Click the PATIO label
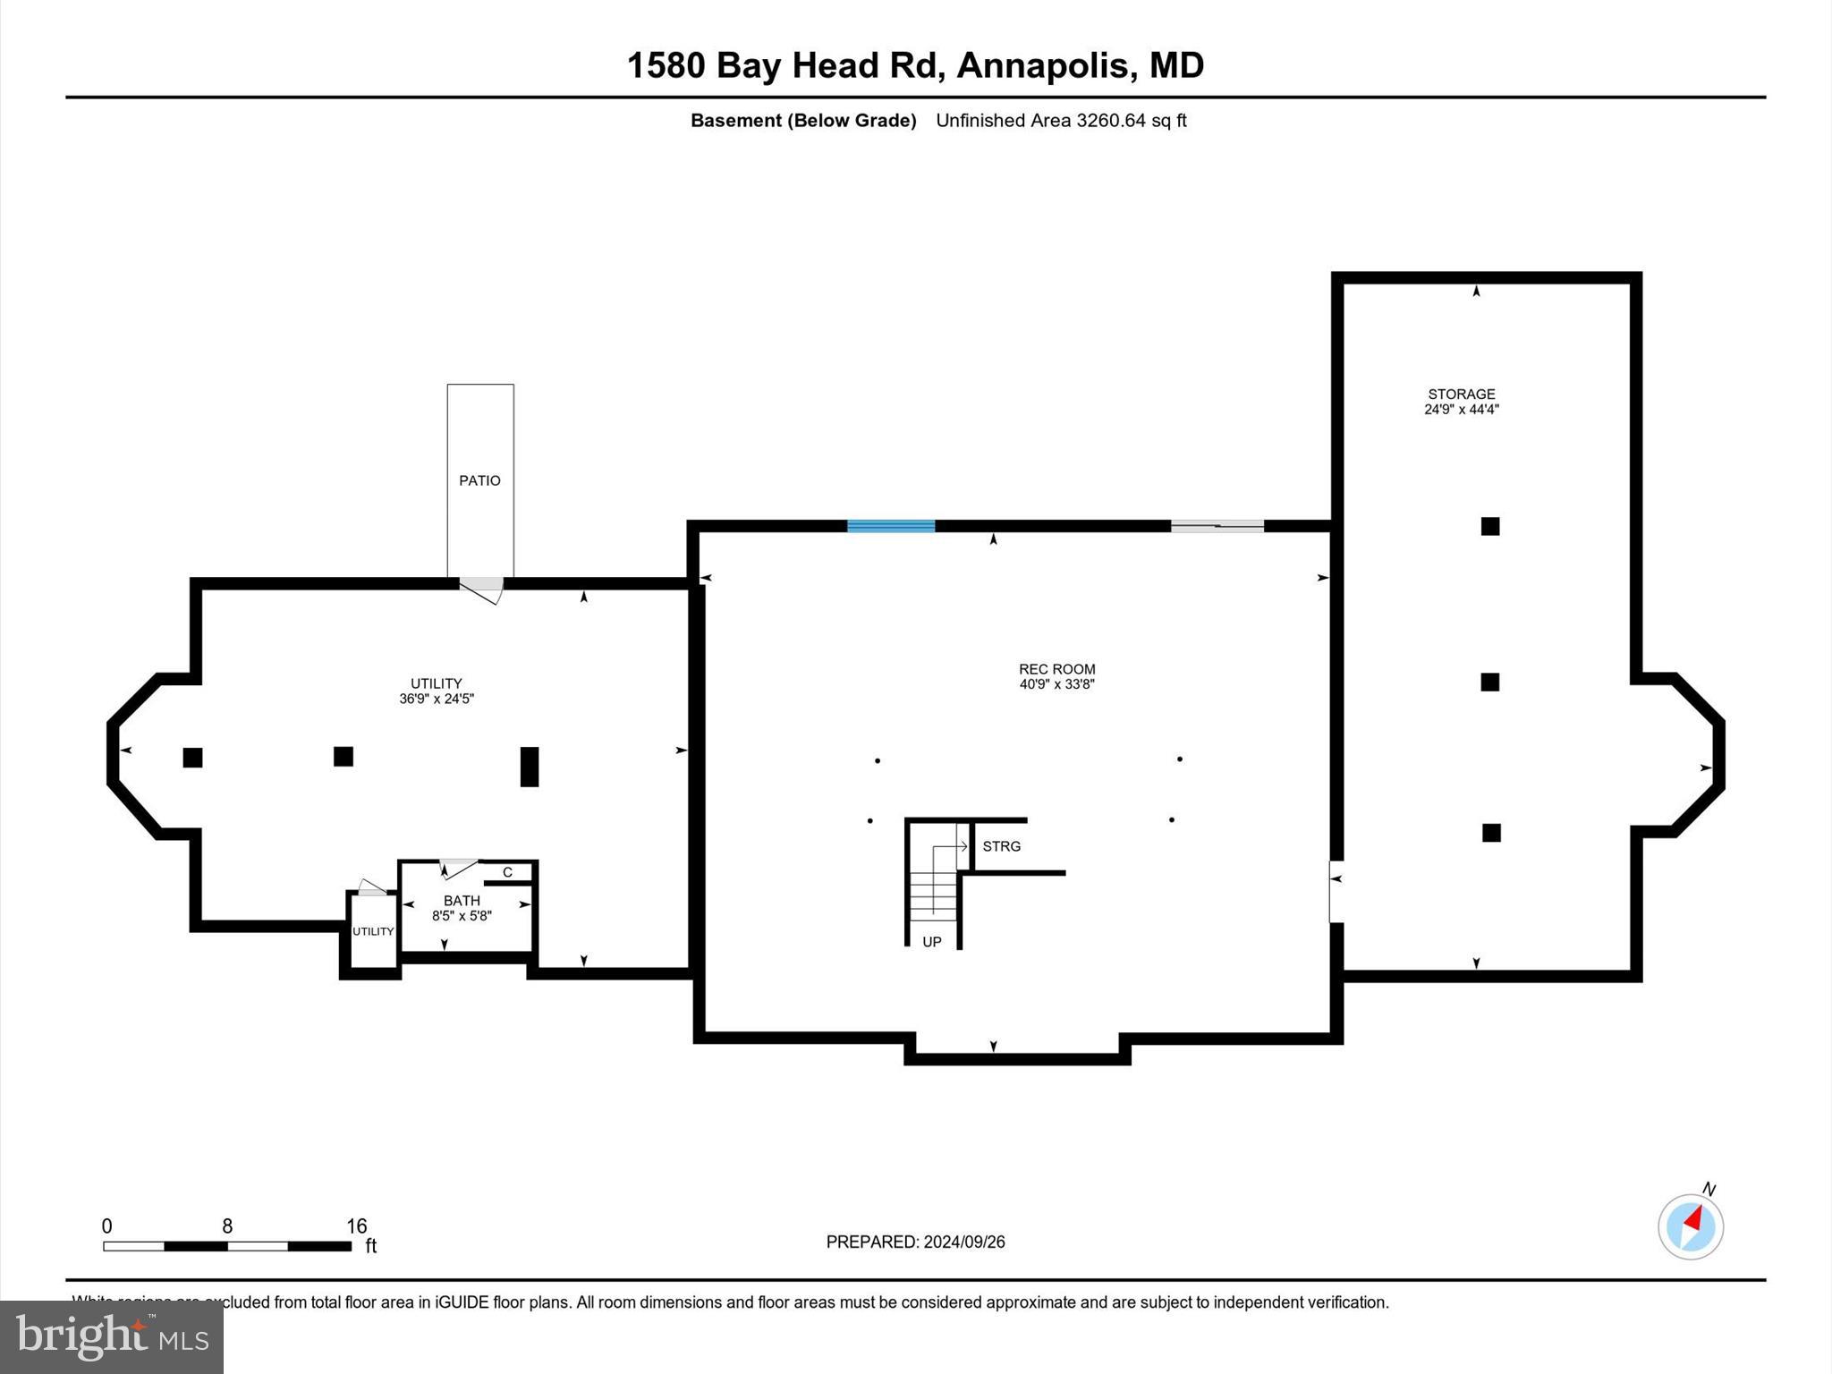click(x=479, y=480)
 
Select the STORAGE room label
click(x=1461, y=394)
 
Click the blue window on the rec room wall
click(x=891, y=526)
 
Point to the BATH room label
click(x=462, y=900)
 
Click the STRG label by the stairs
click(x=1001, y=846)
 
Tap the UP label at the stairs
click(x=931, y=942)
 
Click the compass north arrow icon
click(x=1690, y=1226)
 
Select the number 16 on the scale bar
click(x=357, y=1226)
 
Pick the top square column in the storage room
click(x=1489, y=526)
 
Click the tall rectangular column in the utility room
click(x=529, y=767)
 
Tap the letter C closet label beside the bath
click(x=507, y=872)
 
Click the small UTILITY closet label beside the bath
click(x=372, y=931)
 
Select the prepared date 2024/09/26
click(x=964, y=1242)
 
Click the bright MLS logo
click(x=112, y=1336)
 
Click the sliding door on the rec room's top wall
click(x=1217, y=526)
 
